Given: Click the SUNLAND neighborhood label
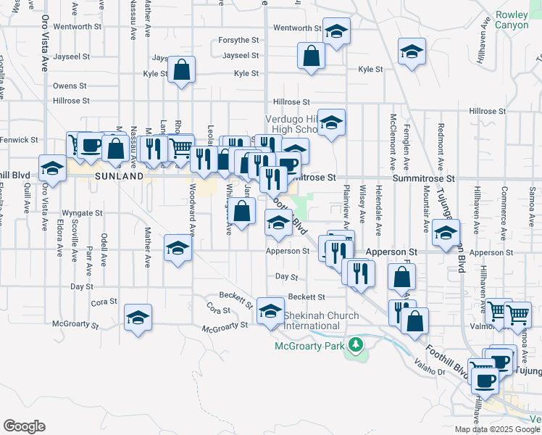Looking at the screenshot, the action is pyautogui.click(x=119, y=176).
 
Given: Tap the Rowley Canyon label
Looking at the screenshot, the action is pyautogui.click(x=512, y=20).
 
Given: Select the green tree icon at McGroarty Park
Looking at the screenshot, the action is pyautogui.click(x=355, y=344).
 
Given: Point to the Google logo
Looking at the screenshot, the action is pyautogui.click(x=24, y=426).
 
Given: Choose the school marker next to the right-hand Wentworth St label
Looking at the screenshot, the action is pyautogui.click(x=335, y=32).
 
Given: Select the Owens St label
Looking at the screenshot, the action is pyautogui.click(x=70, y=86).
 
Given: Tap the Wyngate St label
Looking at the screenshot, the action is pyautogui.click(x=82, y=213).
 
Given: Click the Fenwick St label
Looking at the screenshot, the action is pyautogui.click(x=19, y=139).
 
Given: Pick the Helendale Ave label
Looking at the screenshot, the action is pyautogui.click(x=379, y=210).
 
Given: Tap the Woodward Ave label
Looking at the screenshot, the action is pyautogui.click(x=193, y=210).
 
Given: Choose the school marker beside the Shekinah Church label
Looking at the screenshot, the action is pyautogui.click(x=270, y=310).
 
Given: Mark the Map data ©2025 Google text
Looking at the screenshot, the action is pyautogui.click(x=497, y=429).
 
